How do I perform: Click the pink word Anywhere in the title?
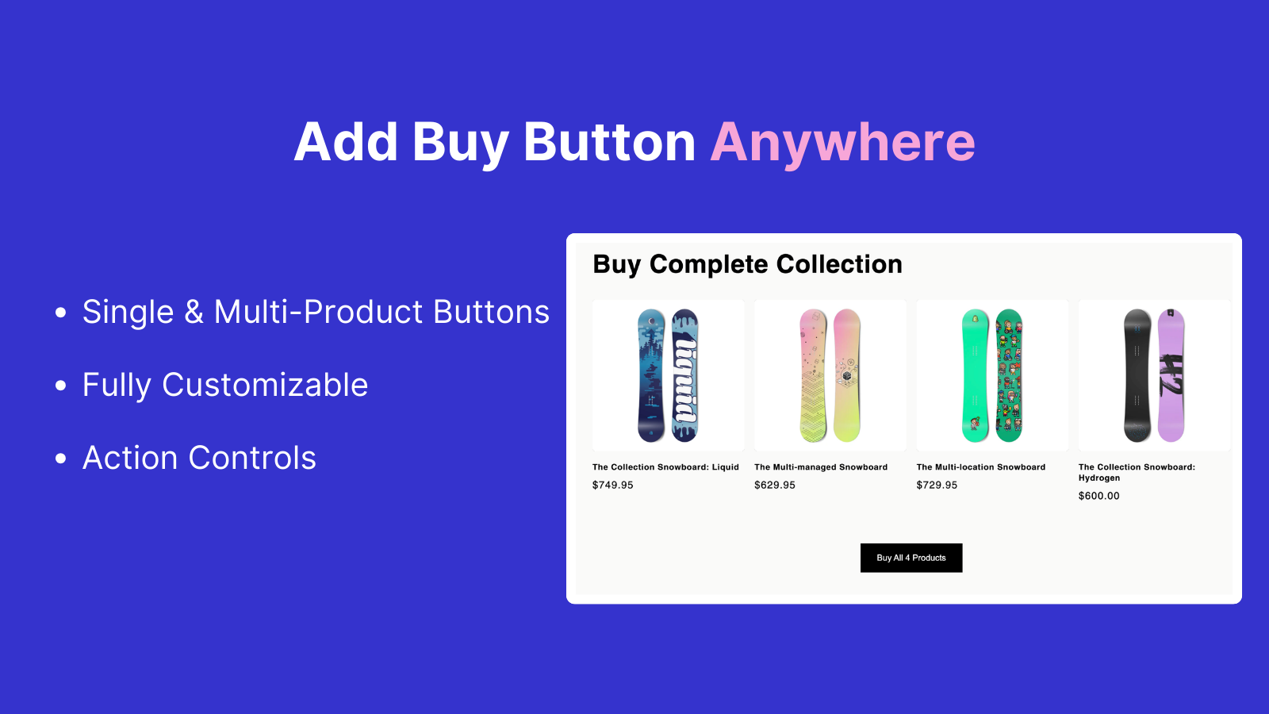[842, 142]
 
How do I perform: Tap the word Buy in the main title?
[460, 142]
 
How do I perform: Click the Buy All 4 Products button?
[911, 558]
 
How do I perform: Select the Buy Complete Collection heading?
[747, 264]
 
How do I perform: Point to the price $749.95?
[612, 485]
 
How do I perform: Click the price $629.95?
[774, 485]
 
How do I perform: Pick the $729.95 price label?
[937, 485]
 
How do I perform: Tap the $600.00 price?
[1098, 496]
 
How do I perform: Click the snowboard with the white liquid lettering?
[685, 376]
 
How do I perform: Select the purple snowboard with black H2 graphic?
[1171, 376]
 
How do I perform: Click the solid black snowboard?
[1137, 376]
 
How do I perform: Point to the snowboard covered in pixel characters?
[1009, 376]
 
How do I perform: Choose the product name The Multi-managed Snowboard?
[821, 467]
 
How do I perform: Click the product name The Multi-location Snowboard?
[980, 467]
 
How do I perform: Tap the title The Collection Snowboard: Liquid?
[665, 467]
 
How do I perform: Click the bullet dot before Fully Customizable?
[60, 386]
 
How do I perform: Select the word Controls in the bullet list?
[252, 457]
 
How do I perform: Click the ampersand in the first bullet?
[194, 312]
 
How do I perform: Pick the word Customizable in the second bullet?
[265, 385]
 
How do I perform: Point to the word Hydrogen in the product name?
[1099, 478]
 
